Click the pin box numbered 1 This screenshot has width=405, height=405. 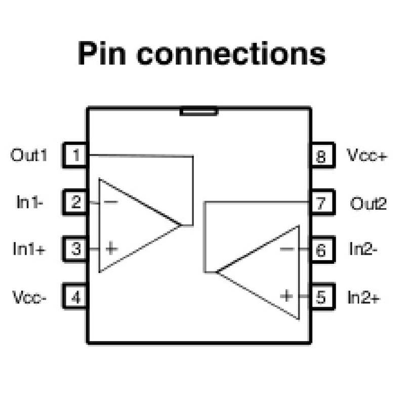click(x=75, y=155)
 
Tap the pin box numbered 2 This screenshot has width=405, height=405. click(x=75, y=202)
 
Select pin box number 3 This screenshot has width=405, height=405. click(x=75, y=249)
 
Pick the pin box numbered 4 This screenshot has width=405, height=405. click(x=75, y=297)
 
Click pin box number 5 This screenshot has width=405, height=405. click(x=321, y=297)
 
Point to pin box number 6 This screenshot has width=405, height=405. click(x=321, y=250)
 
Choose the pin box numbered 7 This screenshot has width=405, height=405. click(x=321, y=203)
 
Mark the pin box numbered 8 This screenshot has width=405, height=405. click(x=321, y=155)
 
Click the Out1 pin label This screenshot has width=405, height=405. click(x=29, y=155)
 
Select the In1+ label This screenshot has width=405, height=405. click(x=29, y=249)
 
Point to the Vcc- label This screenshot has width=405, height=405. click(x=29, y=297)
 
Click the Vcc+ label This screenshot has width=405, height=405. click(x=367, y=155)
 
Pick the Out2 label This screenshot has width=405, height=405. click(x=368, y=203)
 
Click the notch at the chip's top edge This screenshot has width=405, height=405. click(x=198, y=111)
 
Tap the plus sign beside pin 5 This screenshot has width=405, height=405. click(x=287, y=296)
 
